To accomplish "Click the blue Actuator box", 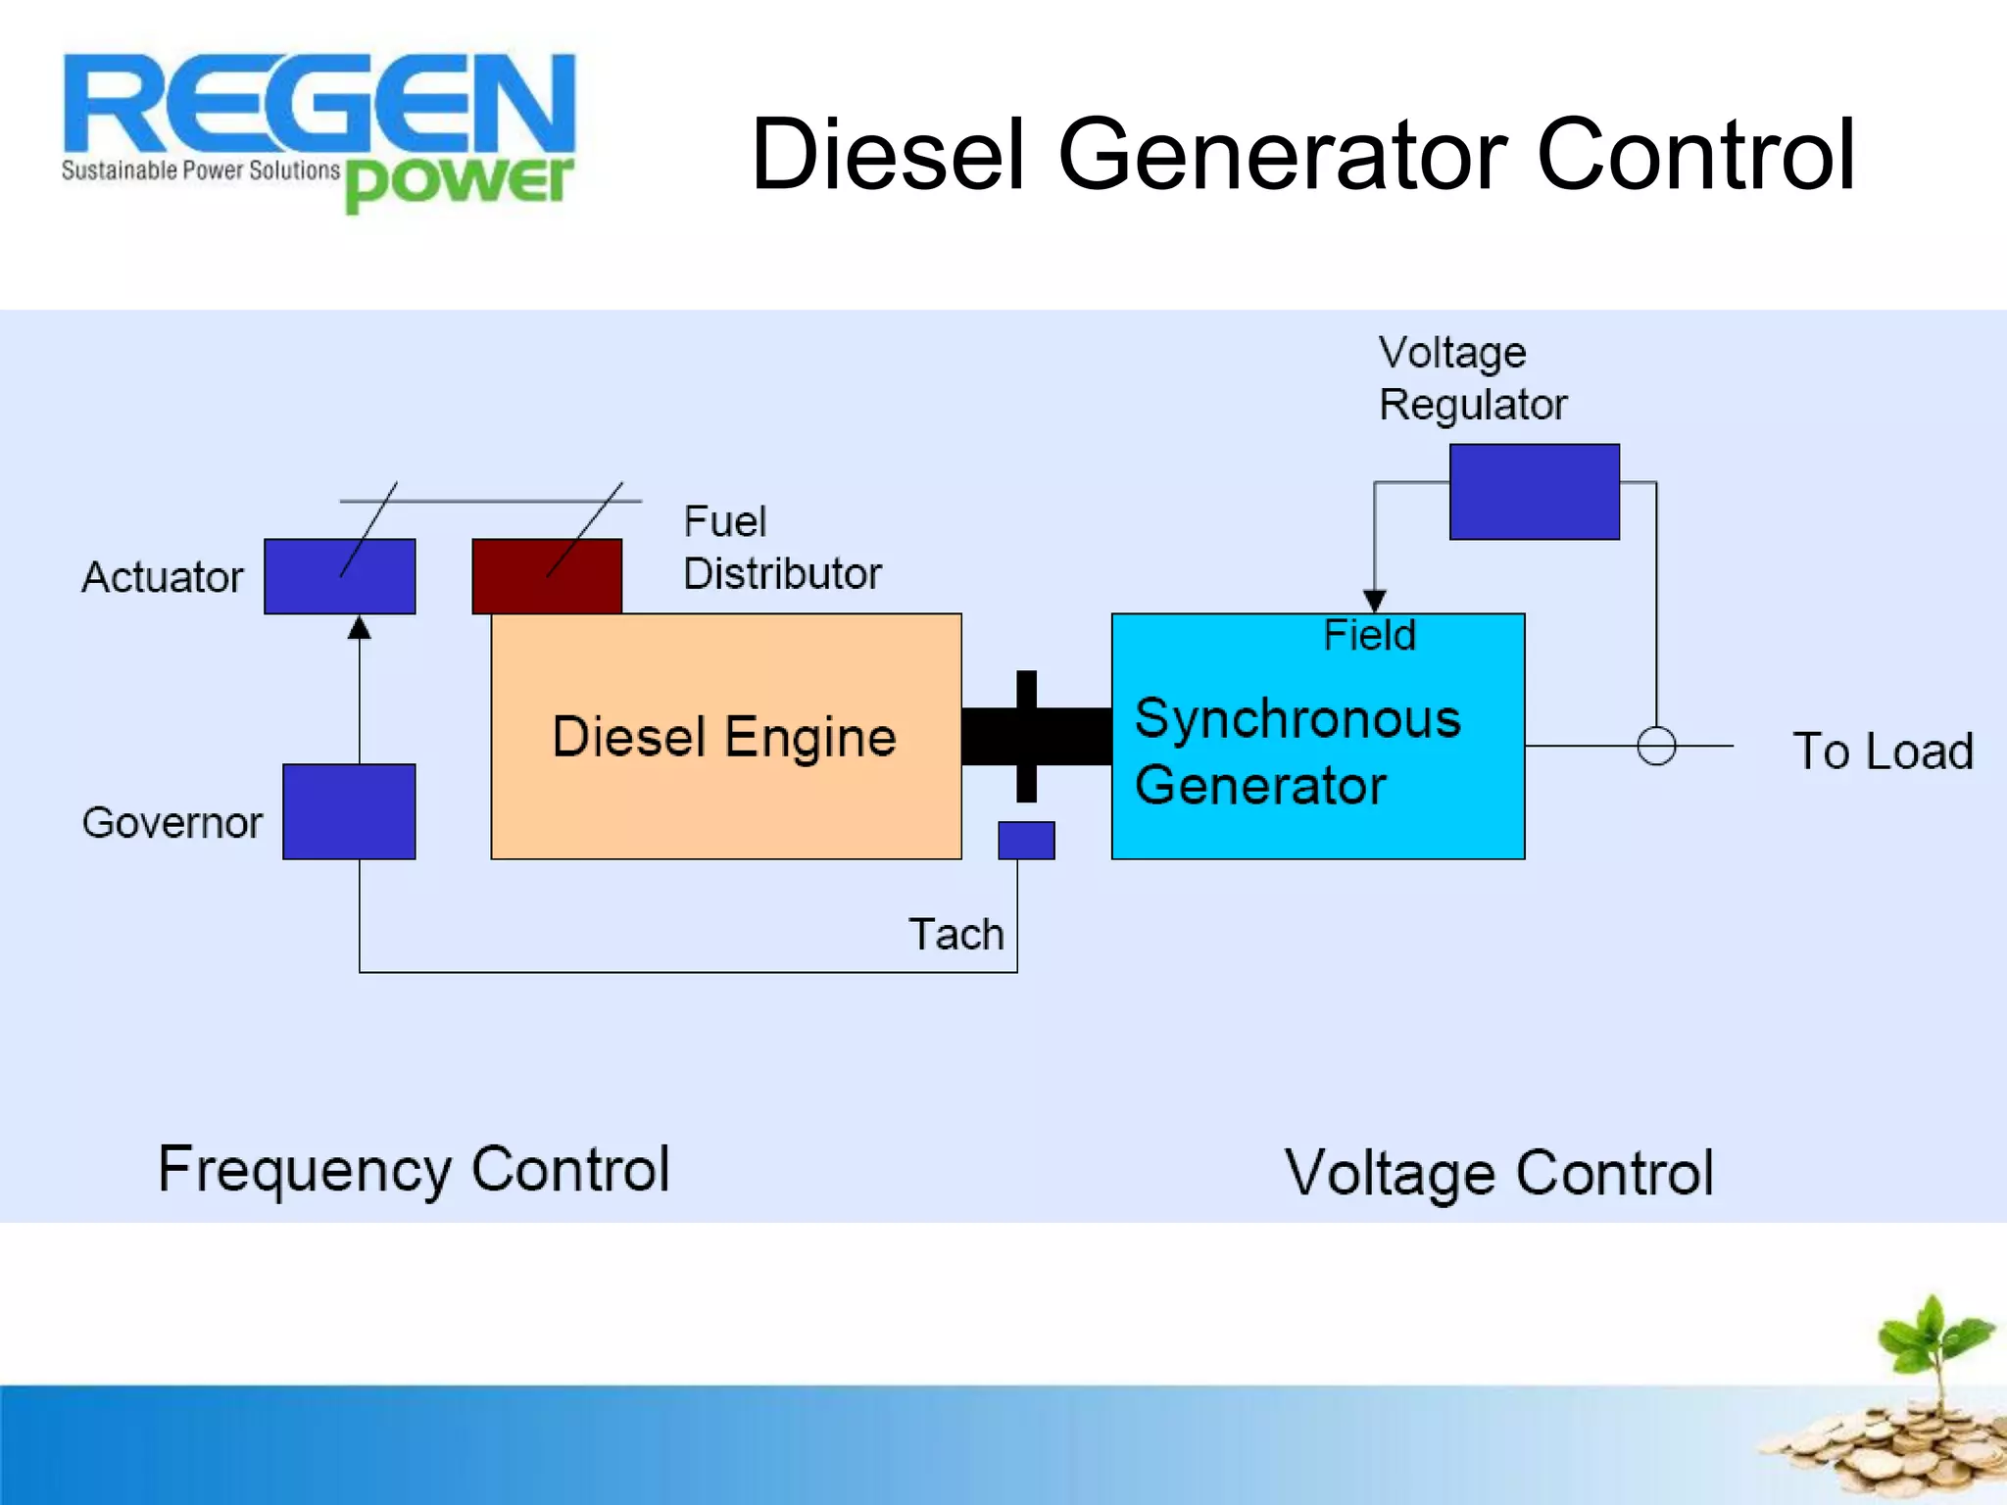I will (339, 576).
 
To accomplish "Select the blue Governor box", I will (349, 811).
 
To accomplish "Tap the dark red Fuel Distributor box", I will (547, 576).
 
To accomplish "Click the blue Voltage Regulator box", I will (1534, 491).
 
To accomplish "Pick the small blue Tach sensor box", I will (1026, 840).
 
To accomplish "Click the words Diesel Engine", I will (724, 737).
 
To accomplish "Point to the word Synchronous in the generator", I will (1297, 718).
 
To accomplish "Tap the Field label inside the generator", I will (1369, 635).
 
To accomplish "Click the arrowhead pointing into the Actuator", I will (360, 628).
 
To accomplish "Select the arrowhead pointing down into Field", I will (1374, 601).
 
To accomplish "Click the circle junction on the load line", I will (1656, 746).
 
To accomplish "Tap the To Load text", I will (1882, 752).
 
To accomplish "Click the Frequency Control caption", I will (414, 1169).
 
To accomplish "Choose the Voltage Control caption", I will (1498, 1173).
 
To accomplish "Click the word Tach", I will (955, 934).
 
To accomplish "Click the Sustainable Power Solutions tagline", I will (200, 170).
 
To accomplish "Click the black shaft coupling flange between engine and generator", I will (1026, 736).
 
